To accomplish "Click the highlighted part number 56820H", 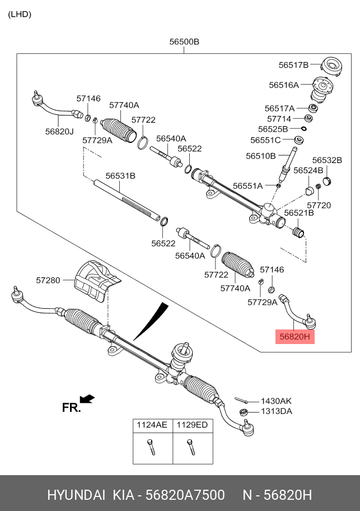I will click(295, 337).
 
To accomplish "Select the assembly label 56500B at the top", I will click(184, 41).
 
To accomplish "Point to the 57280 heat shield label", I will click(48, 279).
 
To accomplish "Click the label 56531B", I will click(120, 175).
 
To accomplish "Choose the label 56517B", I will click(293, 65).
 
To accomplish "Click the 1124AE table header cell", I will click(152, 425).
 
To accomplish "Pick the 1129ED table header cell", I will click(192, 425).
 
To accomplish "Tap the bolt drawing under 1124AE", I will click(151, 446).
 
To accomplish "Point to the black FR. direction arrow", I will click(87, 399).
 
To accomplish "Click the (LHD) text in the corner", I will click(20, 14).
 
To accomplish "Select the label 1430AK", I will click(277, 401).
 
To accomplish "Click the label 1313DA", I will click(277, 411).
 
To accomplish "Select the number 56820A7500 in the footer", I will click(185, 495).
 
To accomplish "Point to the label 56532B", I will click(327, 160).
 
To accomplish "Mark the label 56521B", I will click(298, 213).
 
